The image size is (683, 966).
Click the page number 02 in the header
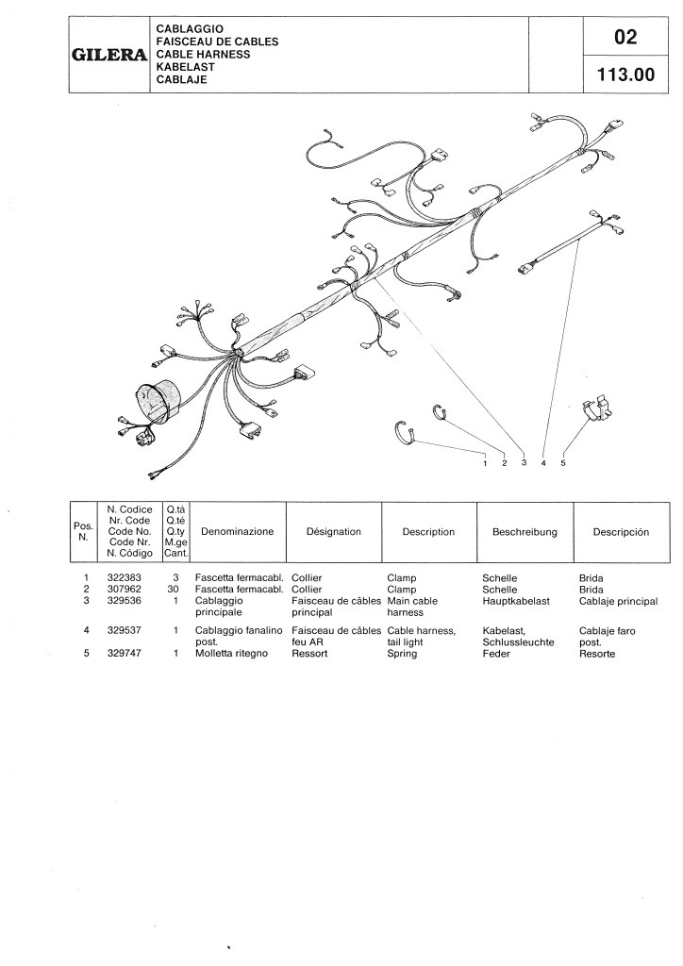625,38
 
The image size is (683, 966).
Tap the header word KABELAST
186,68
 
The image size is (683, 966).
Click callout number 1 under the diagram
484,463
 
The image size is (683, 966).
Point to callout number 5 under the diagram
563,463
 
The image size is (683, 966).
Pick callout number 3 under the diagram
524,463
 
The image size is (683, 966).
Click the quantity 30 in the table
174,589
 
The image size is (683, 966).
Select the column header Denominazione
238,532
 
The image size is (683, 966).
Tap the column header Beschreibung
525,532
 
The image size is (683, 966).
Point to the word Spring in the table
402,653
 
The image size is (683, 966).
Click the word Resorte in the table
596,653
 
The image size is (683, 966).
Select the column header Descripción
621,532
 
